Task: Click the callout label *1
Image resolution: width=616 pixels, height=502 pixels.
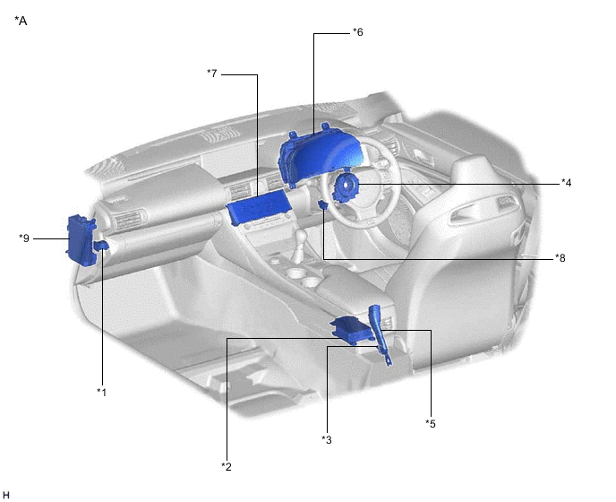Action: point(102,393)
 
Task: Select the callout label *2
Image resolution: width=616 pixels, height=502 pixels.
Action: point(227,467)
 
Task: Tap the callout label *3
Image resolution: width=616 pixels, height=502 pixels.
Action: point(327,439)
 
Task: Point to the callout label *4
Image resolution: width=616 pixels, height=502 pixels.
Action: point(566,183)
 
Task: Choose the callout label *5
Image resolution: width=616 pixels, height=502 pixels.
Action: point(431,424)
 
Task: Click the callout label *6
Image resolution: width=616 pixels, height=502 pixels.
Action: point(358,32)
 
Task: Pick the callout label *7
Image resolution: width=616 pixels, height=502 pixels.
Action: point(212,74)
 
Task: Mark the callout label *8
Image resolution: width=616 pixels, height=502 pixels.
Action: point(560,258)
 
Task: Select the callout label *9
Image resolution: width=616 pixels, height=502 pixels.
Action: point(24,238)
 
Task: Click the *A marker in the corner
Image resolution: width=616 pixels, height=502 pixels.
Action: point(21,21)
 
